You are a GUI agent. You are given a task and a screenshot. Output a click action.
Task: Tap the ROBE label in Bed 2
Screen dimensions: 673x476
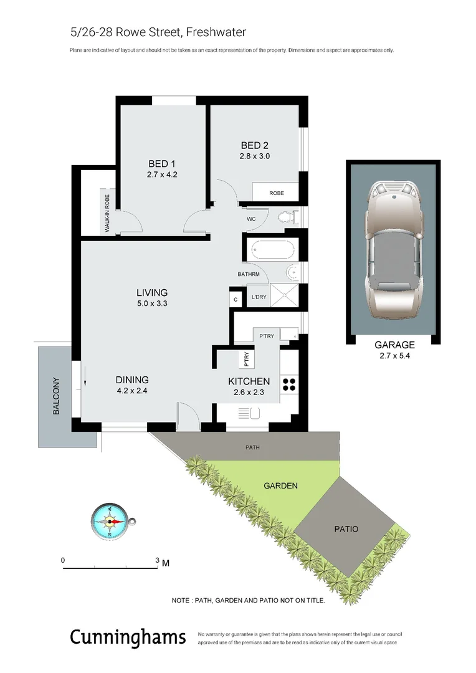pyautogui.click(x=276, y=193)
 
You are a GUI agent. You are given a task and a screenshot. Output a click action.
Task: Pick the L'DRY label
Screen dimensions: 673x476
pyautogui.click(x=258, y=297)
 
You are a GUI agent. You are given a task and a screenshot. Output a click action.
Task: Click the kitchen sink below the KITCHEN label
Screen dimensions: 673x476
pyautogui.click(x=249, y=413)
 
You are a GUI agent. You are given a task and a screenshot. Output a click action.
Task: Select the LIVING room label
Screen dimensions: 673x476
pyautogui.click(x=152, y=292)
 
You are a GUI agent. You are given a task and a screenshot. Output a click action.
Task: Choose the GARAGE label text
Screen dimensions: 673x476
pyautogui.click(x=394, y=345)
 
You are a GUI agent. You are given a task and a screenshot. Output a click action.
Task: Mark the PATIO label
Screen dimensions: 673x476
pyautogui.click(x=346, y=528)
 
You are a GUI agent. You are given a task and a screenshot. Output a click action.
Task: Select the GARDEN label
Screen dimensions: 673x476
pyautogui.click(x=280, y=485)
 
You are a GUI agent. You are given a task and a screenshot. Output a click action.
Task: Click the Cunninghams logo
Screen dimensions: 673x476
pyautogui.click(x=127, y=637)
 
